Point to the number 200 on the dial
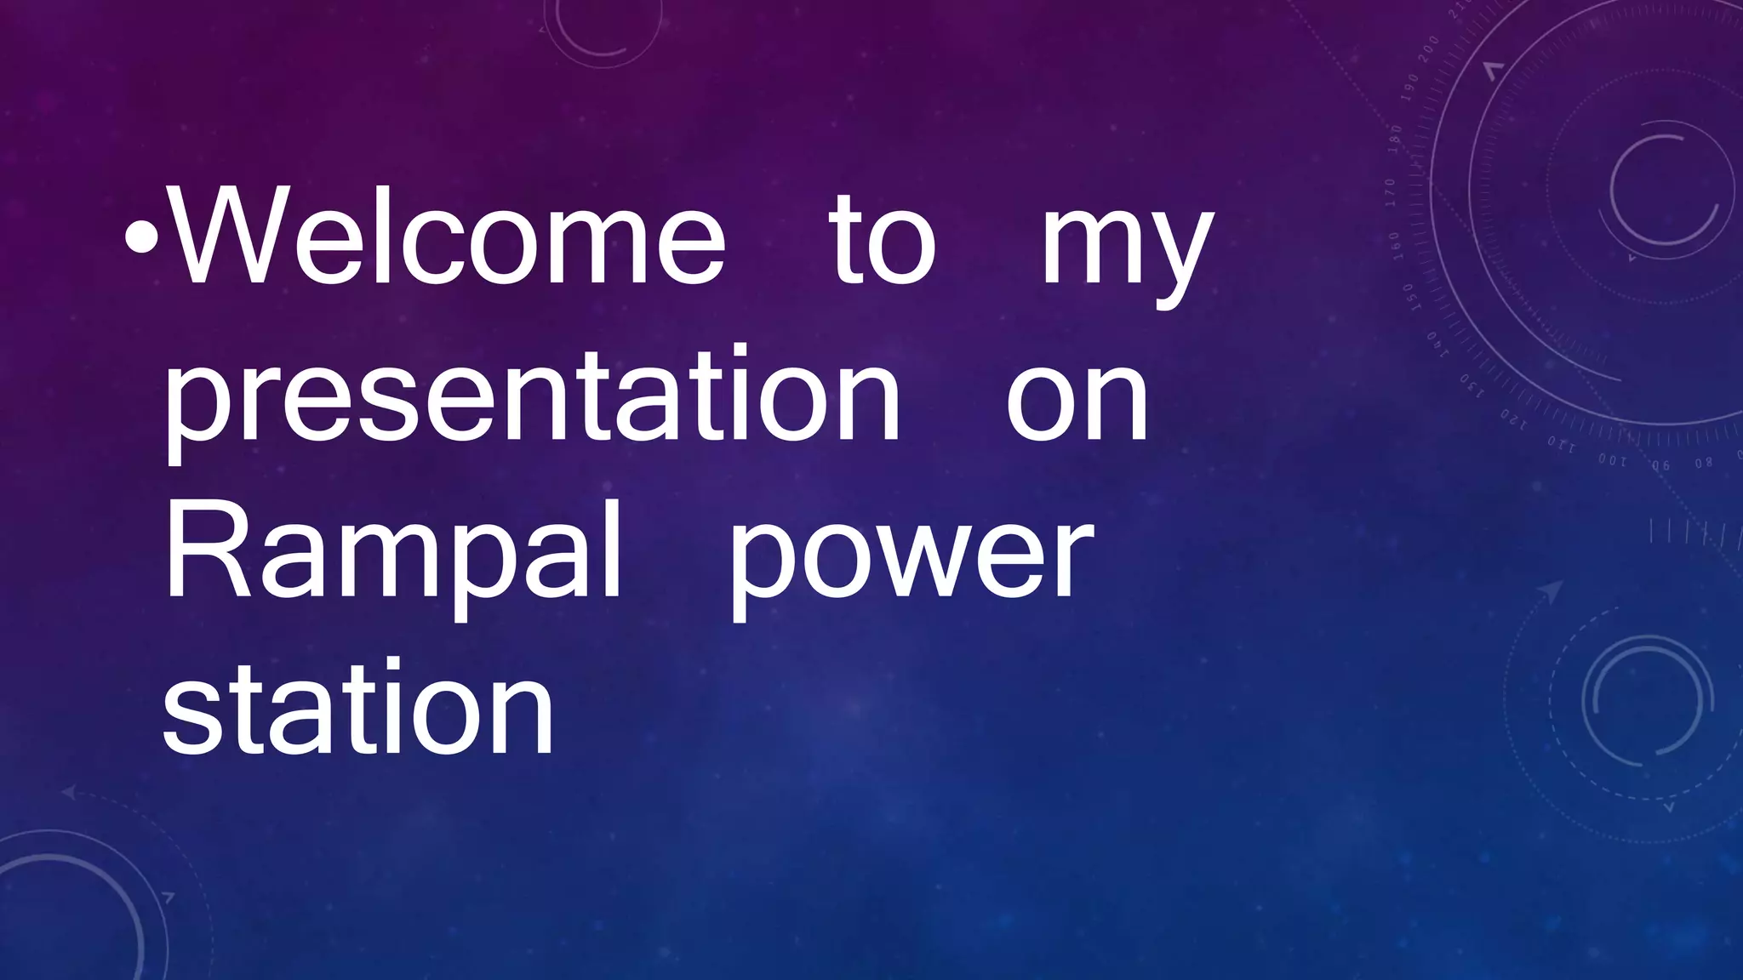point(1429,48)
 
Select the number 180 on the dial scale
point(1395,139)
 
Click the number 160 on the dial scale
point(1394,245)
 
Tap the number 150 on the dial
point(1408,297)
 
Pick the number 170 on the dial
point(1390,192)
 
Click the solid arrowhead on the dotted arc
point(1552,590)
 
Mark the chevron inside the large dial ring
point(1494,70)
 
